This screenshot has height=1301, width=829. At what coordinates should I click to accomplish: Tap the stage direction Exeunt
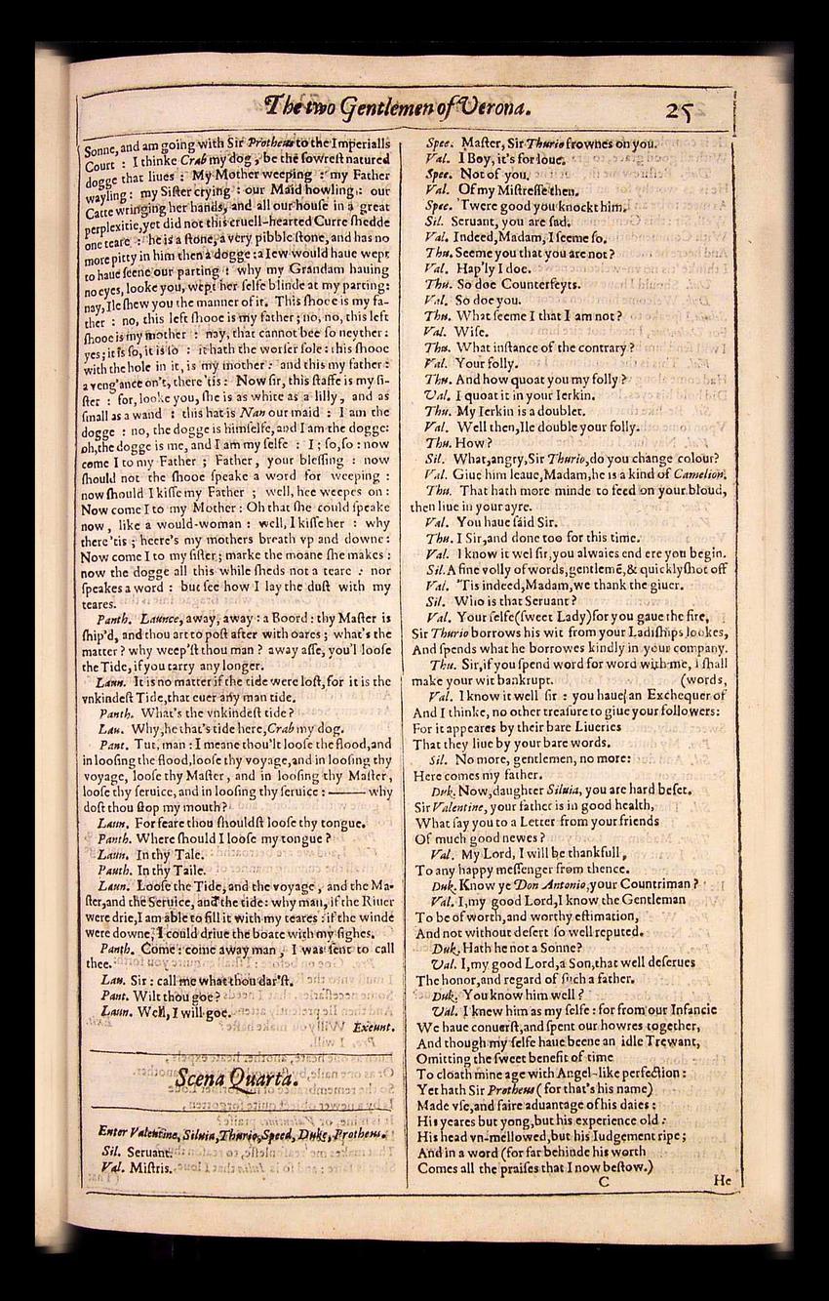(375, 1027)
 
